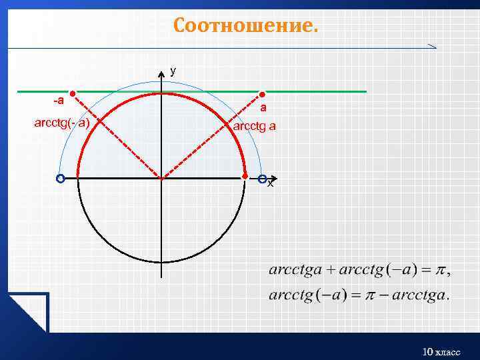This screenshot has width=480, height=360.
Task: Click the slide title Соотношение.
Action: pyautogui.click(x=246, y=25)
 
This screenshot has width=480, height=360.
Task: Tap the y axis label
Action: pyautogui.click(x=173, y=70)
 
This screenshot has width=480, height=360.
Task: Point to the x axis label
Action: pyautogui.click(x=270, y=183)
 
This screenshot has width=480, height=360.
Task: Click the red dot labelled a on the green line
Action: pyautogui.click(x=262, y=94)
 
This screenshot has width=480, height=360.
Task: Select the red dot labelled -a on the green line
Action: pyautogui.click(x=73, y=94)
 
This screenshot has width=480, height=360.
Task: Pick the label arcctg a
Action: pyautogui.click(x=254, y=125)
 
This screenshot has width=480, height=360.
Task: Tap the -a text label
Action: pyautogui.click(x=59, y=101)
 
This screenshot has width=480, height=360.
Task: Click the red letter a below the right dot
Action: pyautogui.click(x=263, y=107)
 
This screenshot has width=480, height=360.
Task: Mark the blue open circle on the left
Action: pyautogui.click(x=60, y=179)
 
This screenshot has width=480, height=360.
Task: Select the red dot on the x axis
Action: pyautogui.click(x=245, y=177)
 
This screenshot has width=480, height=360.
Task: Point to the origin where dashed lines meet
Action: pyautogui.click(x=161, y=178)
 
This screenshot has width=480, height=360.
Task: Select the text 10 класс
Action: pyautogui.click(x=441, y=351)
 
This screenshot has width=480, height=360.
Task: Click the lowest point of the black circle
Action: pyautogui.click(x=161, y=261)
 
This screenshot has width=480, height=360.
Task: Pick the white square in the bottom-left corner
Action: pyautogui.click(x=27, y=313)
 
